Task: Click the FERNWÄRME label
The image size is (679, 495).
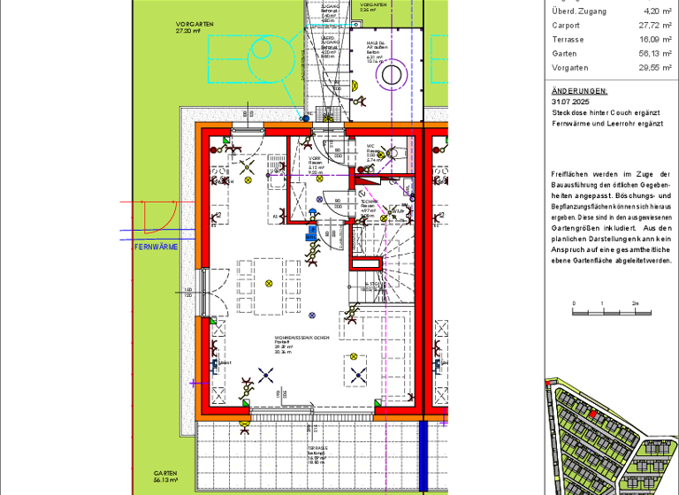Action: (x=156, y=247)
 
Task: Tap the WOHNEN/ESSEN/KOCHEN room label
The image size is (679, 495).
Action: (x=301, y=339)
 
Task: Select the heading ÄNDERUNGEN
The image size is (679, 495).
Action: (x=579, y=90)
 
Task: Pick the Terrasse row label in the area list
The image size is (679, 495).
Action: (x=567, y=40)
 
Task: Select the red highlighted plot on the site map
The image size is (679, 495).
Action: (x=592, y=413)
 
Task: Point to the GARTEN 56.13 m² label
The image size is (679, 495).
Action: (x=165, y=476)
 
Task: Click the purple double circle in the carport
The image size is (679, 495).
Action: (x=390, y=75)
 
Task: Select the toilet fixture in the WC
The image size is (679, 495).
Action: (x=393, y=151)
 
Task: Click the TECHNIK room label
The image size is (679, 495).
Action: (x=370, y=202)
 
